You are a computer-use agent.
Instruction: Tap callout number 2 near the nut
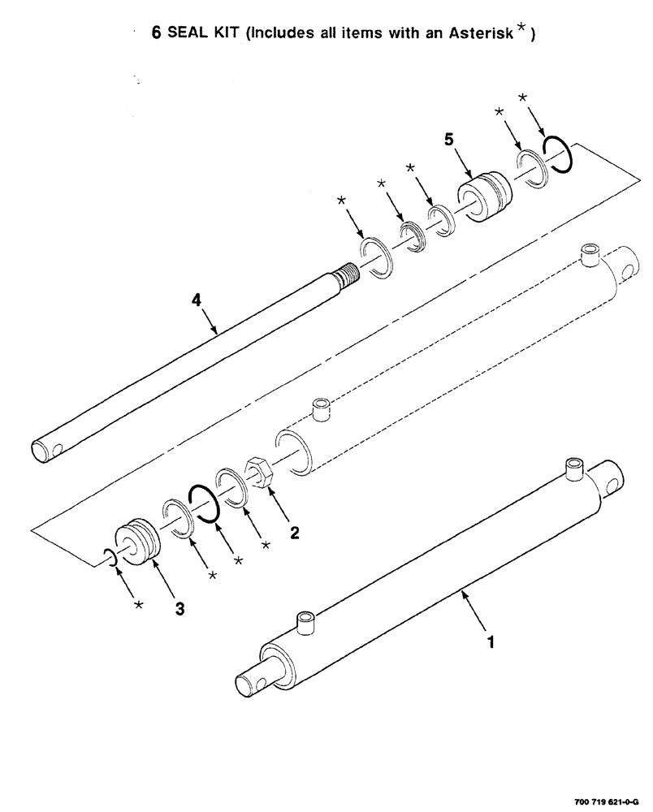(x=294, y=533)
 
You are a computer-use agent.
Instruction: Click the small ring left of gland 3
(x=110, y=557)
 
